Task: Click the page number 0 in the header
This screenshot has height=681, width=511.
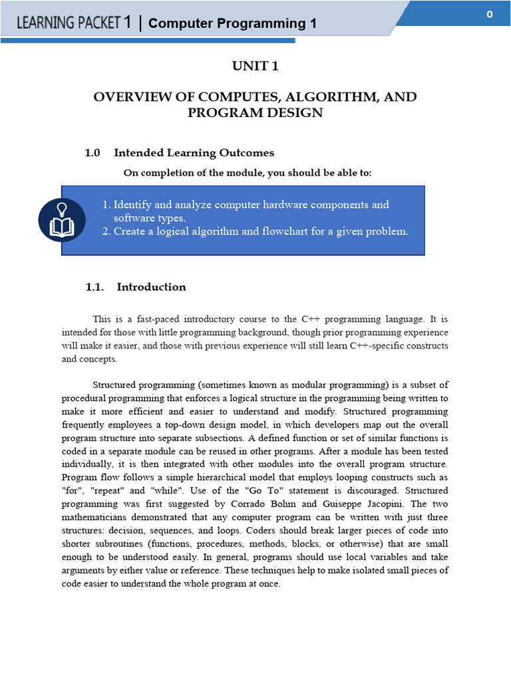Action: pos(489,15)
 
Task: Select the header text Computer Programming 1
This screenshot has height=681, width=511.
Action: pos(232,24)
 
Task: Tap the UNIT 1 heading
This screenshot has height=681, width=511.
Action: pos(255,65)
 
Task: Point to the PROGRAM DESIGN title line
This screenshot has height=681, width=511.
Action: pos(255,113)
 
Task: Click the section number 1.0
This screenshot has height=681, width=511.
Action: pos(92,153)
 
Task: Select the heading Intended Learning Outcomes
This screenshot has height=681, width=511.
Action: pos(194,153)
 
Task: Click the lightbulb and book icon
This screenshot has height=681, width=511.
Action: pos(62,220)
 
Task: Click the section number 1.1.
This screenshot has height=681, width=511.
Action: pos(95,287)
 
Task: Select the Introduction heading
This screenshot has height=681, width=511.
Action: pos(151,287)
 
